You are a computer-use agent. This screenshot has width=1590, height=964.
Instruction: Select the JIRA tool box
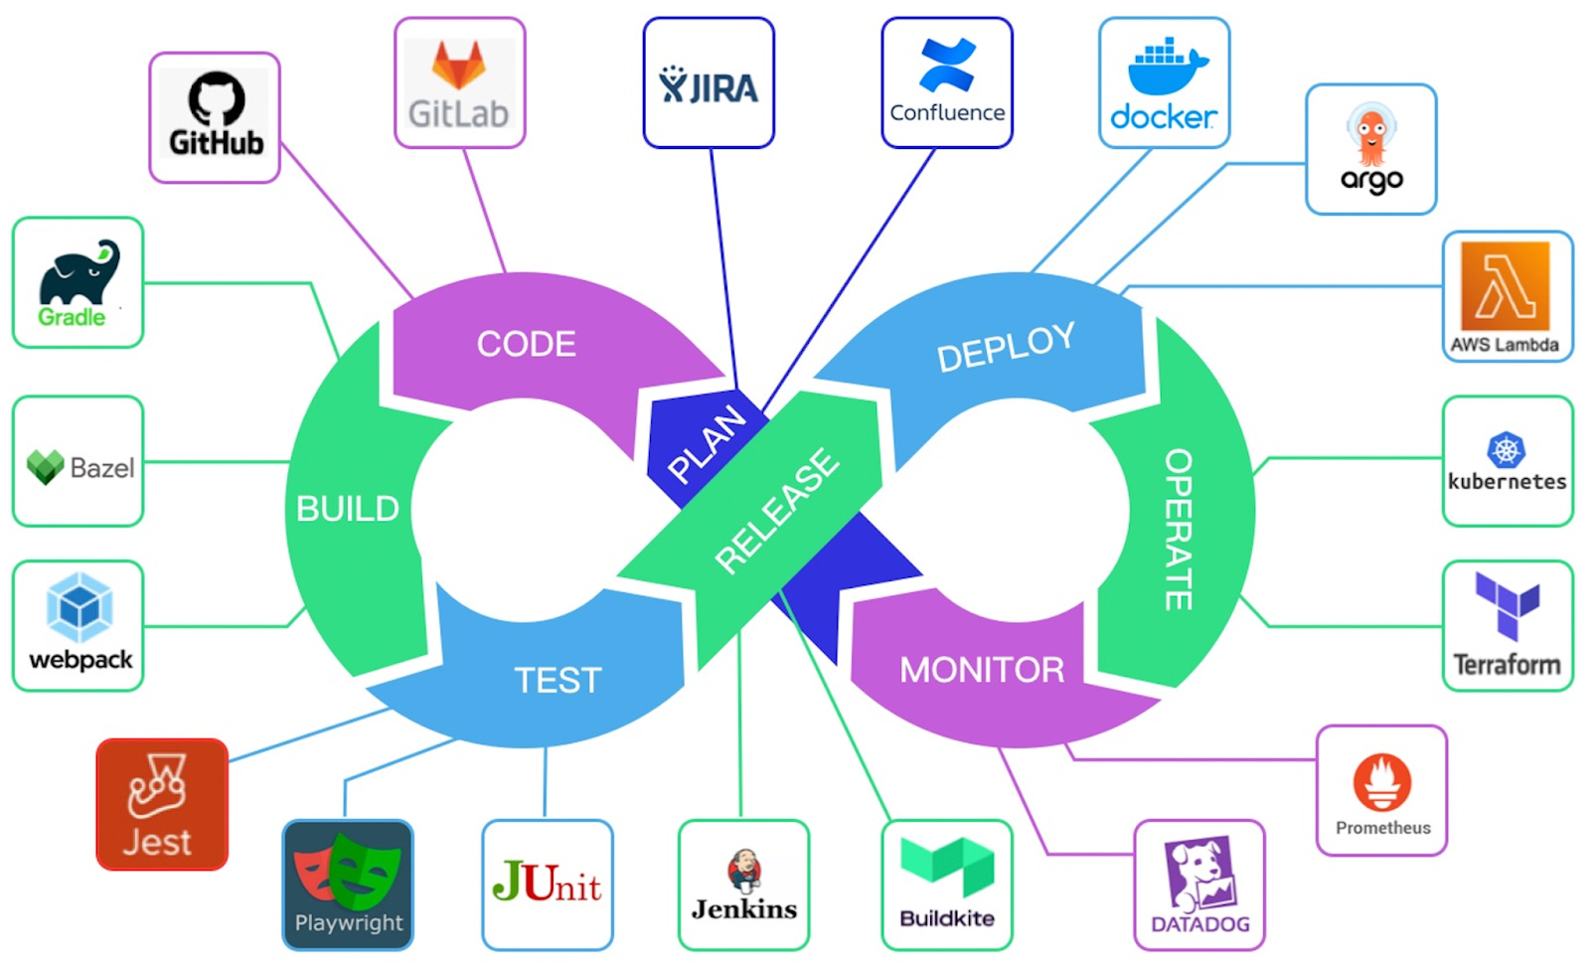click(709, 83)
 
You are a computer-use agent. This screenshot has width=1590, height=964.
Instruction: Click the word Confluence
click(947, 113)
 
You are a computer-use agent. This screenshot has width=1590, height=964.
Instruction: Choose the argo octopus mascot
click(1371, 135)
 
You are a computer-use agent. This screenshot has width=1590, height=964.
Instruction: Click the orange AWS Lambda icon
click(1505, 286)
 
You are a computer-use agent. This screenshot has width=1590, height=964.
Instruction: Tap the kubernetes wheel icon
click(1506, 449)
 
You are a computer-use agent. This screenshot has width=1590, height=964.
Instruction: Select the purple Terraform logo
click(1508, 604)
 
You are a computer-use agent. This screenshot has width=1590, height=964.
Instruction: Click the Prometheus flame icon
click(1381, 782)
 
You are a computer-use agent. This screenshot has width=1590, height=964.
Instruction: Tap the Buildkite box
click(947, 884)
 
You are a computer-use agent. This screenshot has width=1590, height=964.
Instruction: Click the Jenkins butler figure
click(743, 871)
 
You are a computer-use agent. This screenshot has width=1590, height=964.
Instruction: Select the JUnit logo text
click(547, 883)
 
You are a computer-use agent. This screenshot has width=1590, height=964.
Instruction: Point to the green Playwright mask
click(366, 871)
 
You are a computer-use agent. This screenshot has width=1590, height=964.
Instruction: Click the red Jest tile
click(162, 805)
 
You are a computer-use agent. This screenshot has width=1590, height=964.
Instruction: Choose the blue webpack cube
click(79, 607)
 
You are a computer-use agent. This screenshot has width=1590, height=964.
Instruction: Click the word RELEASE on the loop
click(777, 511)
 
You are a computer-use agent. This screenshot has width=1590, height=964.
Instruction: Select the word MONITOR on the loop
click(982, 670)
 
